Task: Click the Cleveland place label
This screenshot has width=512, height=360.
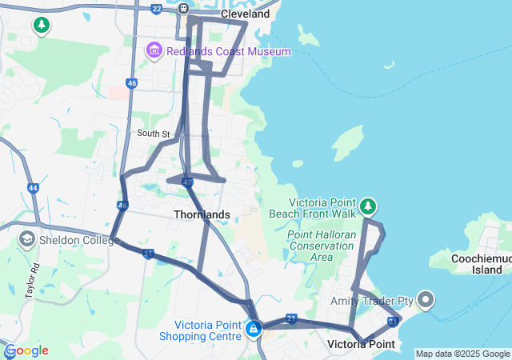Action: (x=244, y=14)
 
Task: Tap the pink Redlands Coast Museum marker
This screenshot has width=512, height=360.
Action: (x=154, y=51)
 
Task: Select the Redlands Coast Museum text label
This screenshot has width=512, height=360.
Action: (x=229, y=51)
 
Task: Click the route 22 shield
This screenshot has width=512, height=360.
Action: (x=156, y=9)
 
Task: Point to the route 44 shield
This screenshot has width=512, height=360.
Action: (x=33, y=188)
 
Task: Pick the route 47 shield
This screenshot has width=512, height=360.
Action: (x=187, y=182)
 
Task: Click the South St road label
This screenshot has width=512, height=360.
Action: (x=154, y=134)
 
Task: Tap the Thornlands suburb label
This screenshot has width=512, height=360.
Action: (x=202, y=214)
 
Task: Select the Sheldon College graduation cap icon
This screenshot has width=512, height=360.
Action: (x=26, y=239)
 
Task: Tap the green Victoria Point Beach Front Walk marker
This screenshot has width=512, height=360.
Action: (x=368, y=207)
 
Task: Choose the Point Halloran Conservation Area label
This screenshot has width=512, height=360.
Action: (x=321, y=246)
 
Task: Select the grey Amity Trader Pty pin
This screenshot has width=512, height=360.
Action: (x=426, y=301)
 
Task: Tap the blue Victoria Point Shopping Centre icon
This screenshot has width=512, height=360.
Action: (x=254, y=329)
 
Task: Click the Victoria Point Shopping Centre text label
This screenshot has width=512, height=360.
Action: (x=207, y=330)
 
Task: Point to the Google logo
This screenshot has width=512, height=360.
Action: (x=26, y=350)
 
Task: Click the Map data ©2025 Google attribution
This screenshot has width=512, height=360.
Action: (x=462, y=354)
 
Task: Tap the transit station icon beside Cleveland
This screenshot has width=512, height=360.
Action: (x=184, y=9)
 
